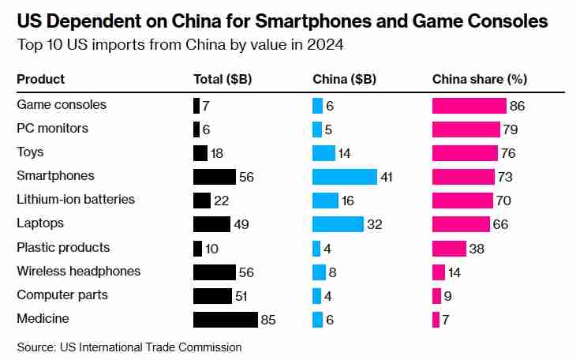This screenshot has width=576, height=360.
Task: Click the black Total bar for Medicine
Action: click(x=225, y=320)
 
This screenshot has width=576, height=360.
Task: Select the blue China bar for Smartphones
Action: click(x=344, y=177)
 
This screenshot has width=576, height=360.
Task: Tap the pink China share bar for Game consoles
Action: click(x=469, y=106)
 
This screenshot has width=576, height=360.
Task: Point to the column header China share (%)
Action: click(x=480, y=79)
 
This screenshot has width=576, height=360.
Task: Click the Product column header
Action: click(x=41, y=79)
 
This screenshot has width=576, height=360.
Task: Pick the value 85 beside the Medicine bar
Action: click(x=269, y=320)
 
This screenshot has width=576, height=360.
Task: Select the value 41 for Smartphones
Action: click(x=387, y=177)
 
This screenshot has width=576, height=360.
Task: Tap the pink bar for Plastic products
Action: click(x=449, y=248)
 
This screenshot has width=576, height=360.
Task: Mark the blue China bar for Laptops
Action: click(x=338, y=224)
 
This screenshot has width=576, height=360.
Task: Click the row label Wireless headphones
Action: click(x=79, y=272)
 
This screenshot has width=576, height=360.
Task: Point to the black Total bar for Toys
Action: click(x=200, y=153)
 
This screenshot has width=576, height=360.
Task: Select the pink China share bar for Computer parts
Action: click(x=436, y=296)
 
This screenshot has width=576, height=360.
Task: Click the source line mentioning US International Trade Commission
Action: click(x=129, y=347)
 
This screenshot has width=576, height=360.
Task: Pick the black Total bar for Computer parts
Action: click(x=212, y=296)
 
